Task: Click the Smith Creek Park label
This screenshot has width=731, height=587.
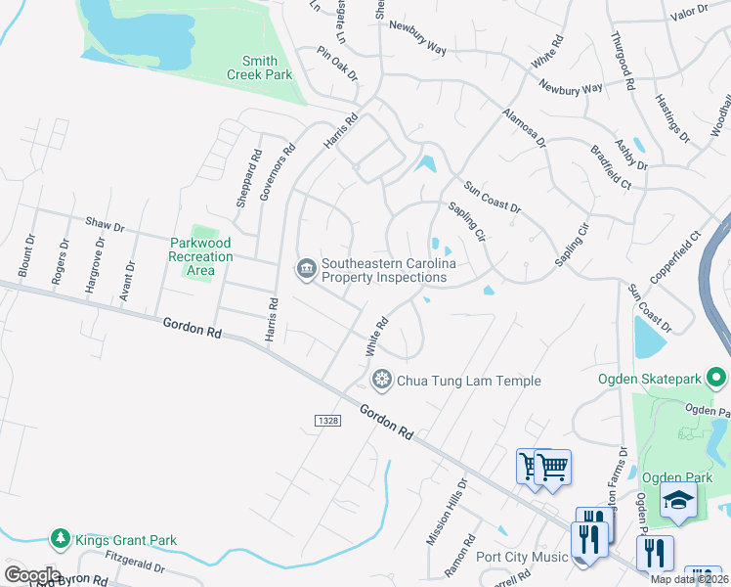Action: (260, 67)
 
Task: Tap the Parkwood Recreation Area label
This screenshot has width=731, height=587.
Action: (200, 256)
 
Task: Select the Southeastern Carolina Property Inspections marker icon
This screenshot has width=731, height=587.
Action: (305, 266)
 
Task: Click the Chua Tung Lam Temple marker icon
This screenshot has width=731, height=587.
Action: (381, 379)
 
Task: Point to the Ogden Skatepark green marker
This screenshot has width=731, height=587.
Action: (716, 377)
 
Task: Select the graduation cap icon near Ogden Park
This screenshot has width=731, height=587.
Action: (677, 501)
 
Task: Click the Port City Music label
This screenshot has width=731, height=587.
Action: (522, 558)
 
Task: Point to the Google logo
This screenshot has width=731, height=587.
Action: (32, 575)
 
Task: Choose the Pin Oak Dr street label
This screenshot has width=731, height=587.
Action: (337, 64)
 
